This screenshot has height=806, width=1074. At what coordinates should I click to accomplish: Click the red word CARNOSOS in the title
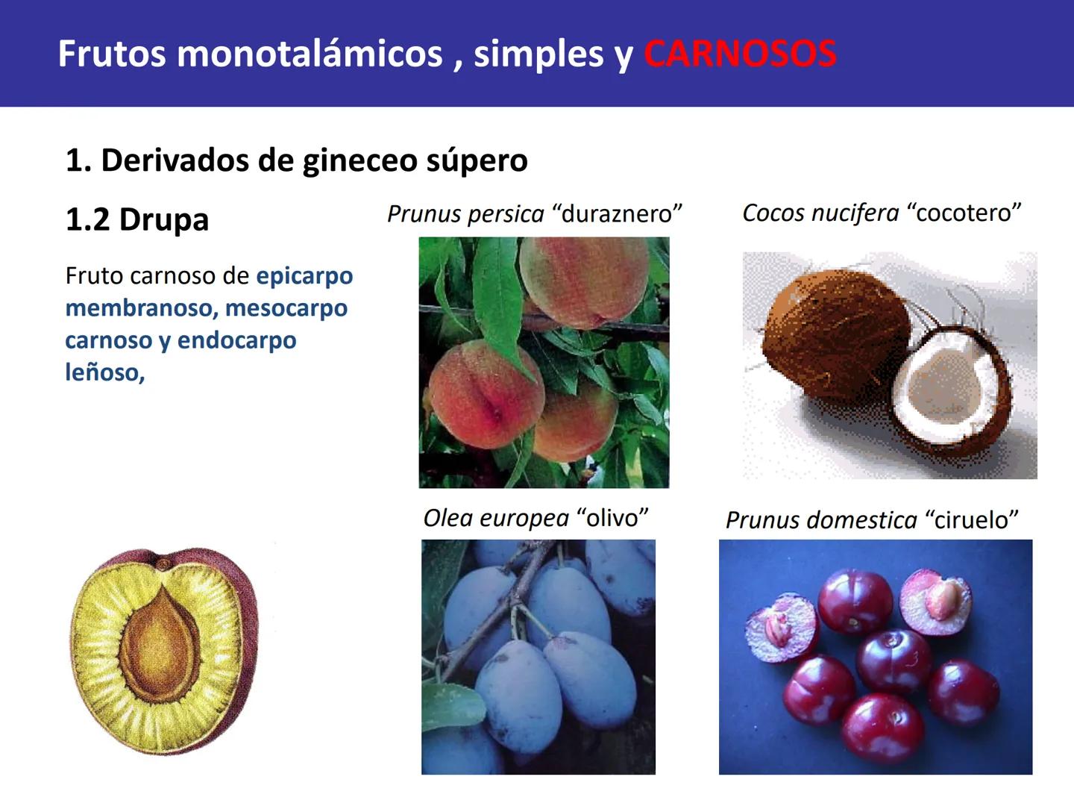pyautogui.click(x=740, y=54)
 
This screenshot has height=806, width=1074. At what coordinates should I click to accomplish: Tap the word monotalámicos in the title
pyautogui.click(x=310, y=54)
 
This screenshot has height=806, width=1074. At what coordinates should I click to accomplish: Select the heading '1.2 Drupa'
pyautogui.click(x=137, y=219)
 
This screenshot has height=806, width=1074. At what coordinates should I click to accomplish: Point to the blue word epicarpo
pyautogui.click(x=304, y=276)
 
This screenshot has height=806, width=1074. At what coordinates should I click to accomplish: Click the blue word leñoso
pyautogui.click(x=104, y=372)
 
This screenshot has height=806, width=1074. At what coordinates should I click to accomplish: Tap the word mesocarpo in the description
pyautogui.click(x=286, y=308)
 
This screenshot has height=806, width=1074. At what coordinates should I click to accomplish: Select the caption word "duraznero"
pyautogui.click(x=617, y=214)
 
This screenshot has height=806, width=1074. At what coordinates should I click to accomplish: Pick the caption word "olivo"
pyautogui.click(x=612, y=518)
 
